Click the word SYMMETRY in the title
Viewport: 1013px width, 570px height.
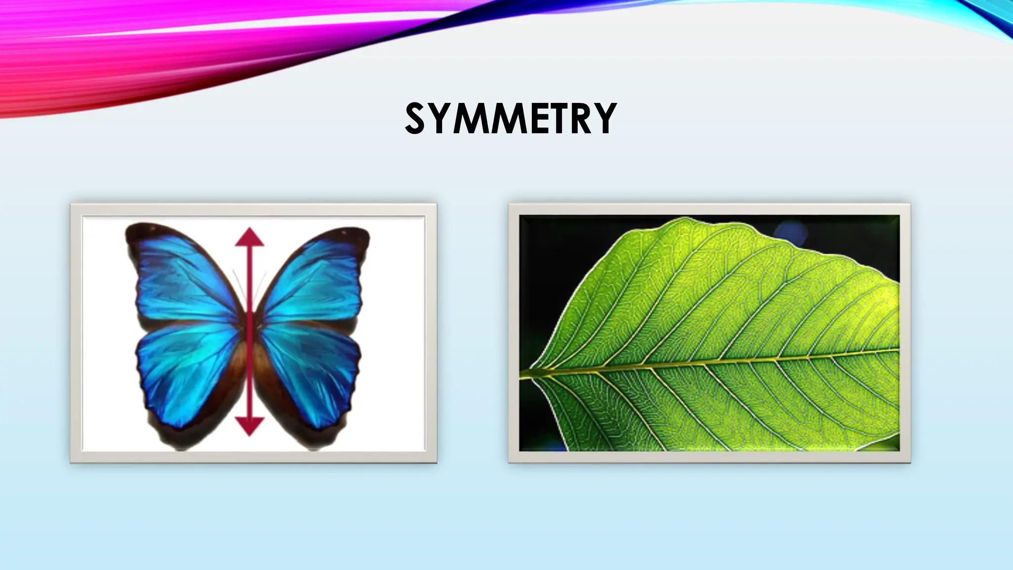coord(510,119)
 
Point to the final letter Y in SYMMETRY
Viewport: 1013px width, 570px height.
coord(605,119)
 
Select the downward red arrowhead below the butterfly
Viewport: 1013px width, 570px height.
coord(249,426)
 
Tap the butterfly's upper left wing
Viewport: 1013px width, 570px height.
coord(183,277)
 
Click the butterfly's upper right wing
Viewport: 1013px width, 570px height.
coord(314,277)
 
